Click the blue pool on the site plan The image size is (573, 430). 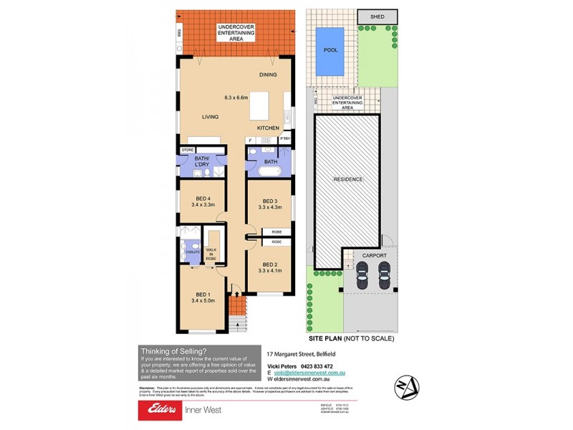pos(330,51)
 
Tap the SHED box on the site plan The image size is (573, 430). pos(377,16)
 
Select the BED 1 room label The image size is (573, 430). pos(203,294)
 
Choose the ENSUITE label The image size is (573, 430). pos(192,252)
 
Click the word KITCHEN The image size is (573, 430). pos(269,128)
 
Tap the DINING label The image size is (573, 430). pos(268,75)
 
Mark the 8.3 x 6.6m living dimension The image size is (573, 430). pos(236,97)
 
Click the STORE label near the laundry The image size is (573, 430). pos(188,150)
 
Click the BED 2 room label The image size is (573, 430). pos(269,263)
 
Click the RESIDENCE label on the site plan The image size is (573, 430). pos(347,178)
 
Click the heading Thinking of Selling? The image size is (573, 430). pos(174,350)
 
